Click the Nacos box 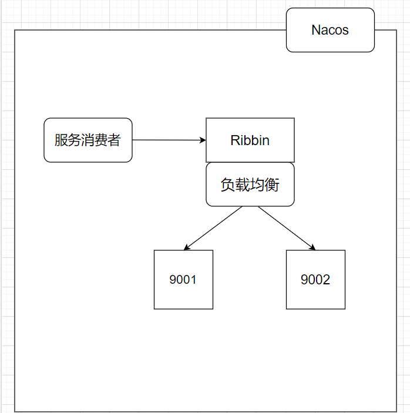coord(330,30)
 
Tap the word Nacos coord(330,30)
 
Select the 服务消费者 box coord(88,140)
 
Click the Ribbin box coord(250,140)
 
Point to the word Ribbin coord(250,140)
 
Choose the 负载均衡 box coord(250,184)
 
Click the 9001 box coord(183,280)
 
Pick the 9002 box coord(316,280)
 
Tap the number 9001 coord(183,280)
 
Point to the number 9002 coord(315,280)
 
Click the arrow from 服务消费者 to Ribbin coord(169,140)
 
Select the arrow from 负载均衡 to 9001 coord(213,228)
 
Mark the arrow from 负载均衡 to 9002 coord(287,228)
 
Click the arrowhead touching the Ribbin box coord(203,140)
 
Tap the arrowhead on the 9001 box coord(186,247)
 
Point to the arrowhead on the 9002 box coord(312,247)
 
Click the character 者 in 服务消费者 coord(114,140)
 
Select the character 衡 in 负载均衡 coord(272,184)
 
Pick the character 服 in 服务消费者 coord(61,140)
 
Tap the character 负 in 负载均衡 coord(227,184)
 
